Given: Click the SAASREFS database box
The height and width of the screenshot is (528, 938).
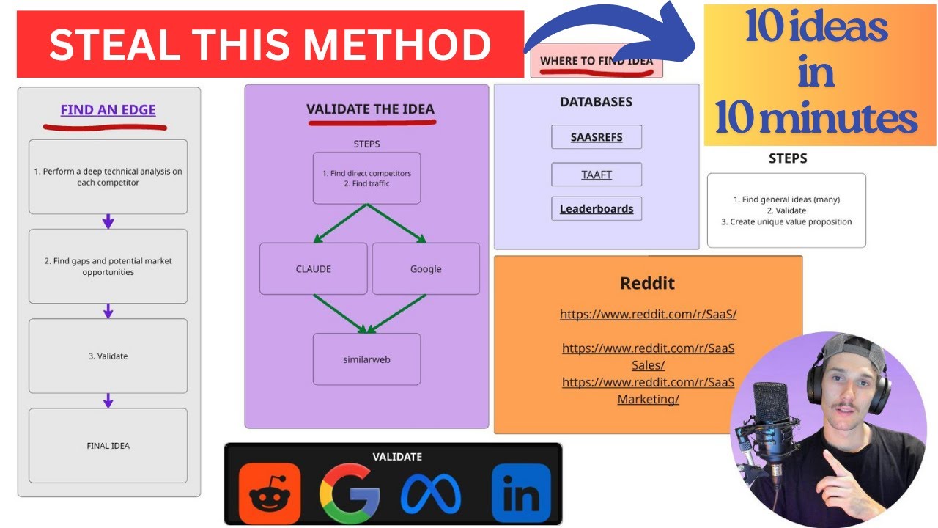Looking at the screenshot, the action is (597, 137).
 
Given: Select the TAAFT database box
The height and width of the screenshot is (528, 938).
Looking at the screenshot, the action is (597, 175).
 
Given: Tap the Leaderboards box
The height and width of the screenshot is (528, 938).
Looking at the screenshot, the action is (597, 209).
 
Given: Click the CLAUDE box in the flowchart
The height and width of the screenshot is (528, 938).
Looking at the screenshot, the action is (313, 268).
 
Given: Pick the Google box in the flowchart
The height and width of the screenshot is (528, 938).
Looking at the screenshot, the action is (426, 268).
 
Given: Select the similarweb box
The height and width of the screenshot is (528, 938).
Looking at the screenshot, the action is (367, 359).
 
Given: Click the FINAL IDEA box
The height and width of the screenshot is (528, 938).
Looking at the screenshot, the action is (108, 445).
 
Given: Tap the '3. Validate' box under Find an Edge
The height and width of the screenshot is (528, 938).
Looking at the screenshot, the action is (108, 356).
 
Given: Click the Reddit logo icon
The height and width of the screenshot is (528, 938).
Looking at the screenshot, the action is (270, 494).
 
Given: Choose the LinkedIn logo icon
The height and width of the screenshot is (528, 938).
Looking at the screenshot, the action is (521, 494).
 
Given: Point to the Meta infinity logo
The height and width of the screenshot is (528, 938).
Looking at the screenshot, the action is (431, 494).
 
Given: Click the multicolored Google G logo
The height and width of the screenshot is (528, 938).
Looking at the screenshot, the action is (350, 494).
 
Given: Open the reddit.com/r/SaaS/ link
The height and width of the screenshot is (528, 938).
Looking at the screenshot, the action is (648, 314).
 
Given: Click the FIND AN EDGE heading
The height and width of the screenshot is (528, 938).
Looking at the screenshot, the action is (108, 110).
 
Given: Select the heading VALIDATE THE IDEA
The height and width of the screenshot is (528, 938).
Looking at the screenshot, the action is (370, 109).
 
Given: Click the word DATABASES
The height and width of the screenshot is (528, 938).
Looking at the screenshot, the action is (596, 102).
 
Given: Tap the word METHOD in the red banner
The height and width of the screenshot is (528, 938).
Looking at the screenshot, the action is (396, 45).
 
